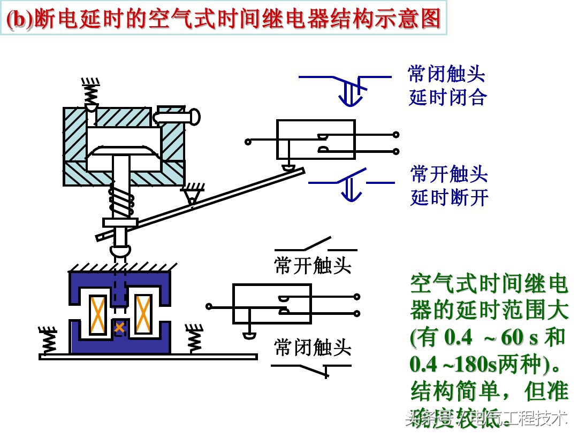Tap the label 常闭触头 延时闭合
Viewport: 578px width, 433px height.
(x=447, y=86)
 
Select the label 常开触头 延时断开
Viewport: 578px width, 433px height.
(x=449, y=185)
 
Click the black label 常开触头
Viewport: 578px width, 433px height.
(x=313, y=265)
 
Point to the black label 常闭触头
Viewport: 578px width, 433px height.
(x=313, y=348)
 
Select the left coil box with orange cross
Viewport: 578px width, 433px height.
(x=97, y=314)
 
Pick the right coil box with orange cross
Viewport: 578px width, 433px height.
(x=143, y=314)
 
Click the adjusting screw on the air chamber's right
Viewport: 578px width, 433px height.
(x=177, y=115)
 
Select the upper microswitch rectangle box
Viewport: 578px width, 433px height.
(x=316, y=139)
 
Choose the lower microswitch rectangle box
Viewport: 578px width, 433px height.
(x=272, y=304)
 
